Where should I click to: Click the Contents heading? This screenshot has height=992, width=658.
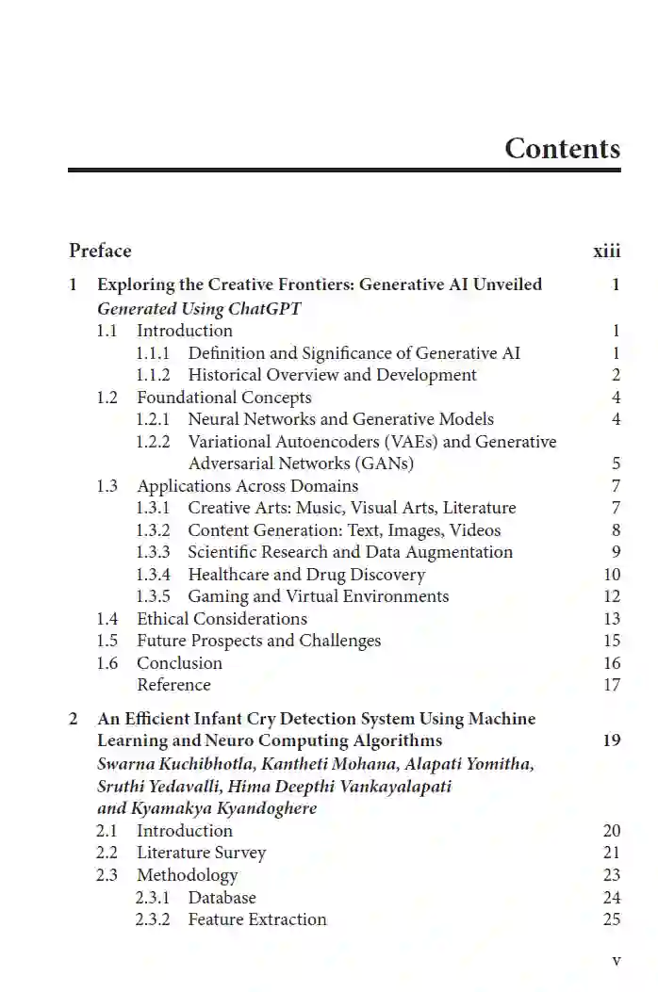point(562,149)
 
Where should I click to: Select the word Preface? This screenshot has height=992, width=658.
point(100,251)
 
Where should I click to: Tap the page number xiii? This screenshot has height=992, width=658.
point(606,251)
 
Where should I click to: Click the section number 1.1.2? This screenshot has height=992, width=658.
point(153,375)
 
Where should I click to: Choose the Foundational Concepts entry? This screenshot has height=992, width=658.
point(223,398)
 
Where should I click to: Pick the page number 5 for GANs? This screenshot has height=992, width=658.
point(616,463)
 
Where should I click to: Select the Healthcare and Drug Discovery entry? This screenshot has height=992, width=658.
point(306,575)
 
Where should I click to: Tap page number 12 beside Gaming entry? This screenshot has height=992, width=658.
point(612,596)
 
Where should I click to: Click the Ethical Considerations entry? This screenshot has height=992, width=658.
point(222,619)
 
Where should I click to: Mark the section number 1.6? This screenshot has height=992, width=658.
point(107,663)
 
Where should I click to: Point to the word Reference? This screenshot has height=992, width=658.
point(173,685)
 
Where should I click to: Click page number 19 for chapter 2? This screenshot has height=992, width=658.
point(612,740)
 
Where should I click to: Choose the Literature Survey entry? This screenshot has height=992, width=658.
point(201,853)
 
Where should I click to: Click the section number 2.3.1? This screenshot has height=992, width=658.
point(153,898)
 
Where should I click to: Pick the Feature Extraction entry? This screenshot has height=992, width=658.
point(256,919)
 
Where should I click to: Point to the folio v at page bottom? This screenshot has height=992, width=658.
point(617,961)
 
